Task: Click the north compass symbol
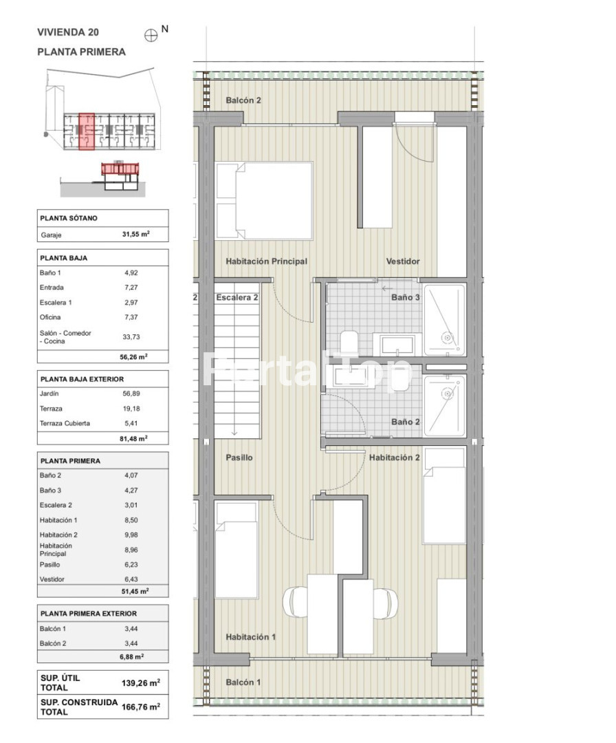pos(151,36)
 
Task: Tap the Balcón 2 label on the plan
pos(243,100)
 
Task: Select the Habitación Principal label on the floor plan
pos(267,261)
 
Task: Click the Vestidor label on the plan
pos(403,261)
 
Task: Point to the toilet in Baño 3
pos(349,342)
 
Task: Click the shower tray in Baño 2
pos(445,406)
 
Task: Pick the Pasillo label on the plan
pos(239,457)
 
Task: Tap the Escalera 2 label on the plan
pos(237,298)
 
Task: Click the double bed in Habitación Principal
pos(264,201)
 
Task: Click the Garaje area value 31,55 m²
pos(136,234)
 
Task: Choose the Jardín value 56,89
pos(131,394)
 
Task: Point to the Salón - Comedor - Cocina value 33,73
pos(131,337)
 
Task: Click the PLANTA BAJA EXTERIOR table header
pos(82,379)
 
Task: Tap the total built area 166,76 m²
pos(141,707)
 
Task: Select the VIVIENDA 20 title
pos(68,32)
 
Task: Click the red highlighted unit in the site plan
pos(86,131)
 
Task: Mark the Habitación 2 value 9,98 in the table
pos(131,535)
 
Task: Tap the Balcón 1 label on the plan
pos(243,682)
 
